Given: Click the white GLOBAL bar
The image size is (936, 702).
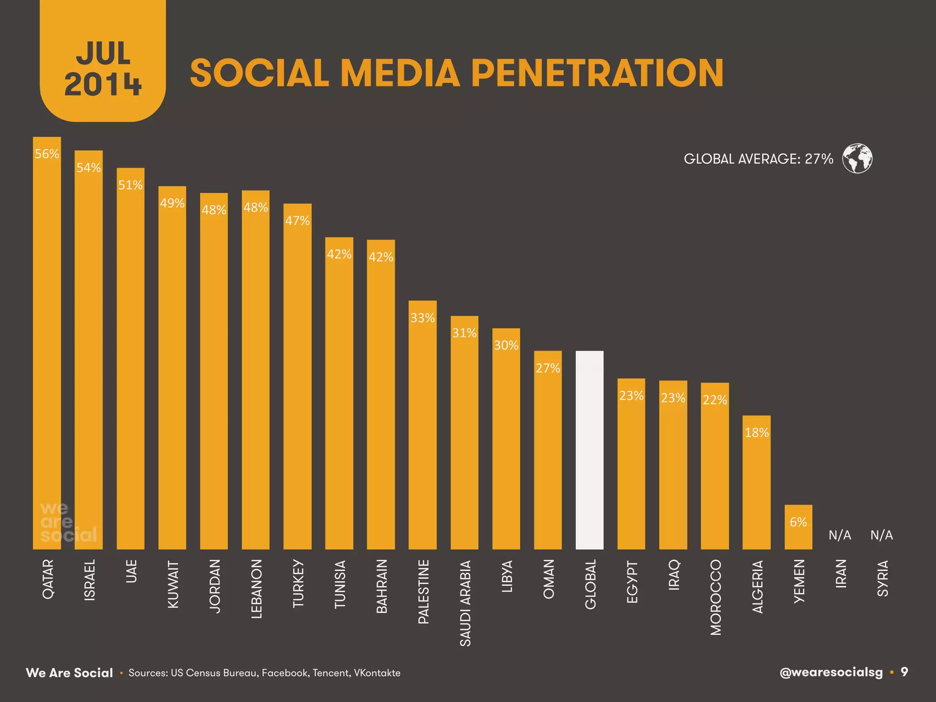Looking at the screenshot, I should [x=590, y=450].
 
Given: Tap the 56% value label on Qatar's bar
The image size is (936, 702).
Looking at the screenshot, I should [x=47, y=154].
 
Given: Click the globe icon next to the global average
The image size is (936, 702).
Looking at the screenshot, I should [x=857, y=159].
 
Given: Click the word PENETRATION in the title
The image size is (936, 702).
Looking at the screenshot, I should [x=597, y=73].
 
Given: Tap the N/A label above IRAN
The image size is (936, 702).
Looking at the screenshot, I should [x=840, y=535].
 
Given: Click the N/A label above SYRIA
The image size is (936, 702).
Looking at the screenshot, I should [x=882, y=535].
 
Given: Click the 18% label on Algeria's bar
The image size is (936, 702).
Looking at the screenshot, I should [x=757, y=433].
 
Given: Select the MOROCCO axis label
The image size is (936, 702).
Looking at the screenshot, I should [x=716, y=597].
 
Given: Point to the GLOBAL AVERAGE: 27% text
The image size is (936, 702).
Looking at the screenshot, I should [x=758, y=159].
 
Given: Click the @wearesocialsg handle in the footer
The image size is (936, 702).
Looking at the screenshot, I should [x=831, y=672].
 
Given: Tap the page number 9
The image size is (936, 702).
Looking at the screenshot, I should [x=904, y=672].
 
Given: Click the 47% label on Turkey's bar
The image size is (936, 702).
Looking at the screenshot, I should [x=298, y=221].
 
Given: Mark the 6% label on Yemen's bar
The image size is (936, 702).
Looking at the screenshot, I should [x=798, y=522].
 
